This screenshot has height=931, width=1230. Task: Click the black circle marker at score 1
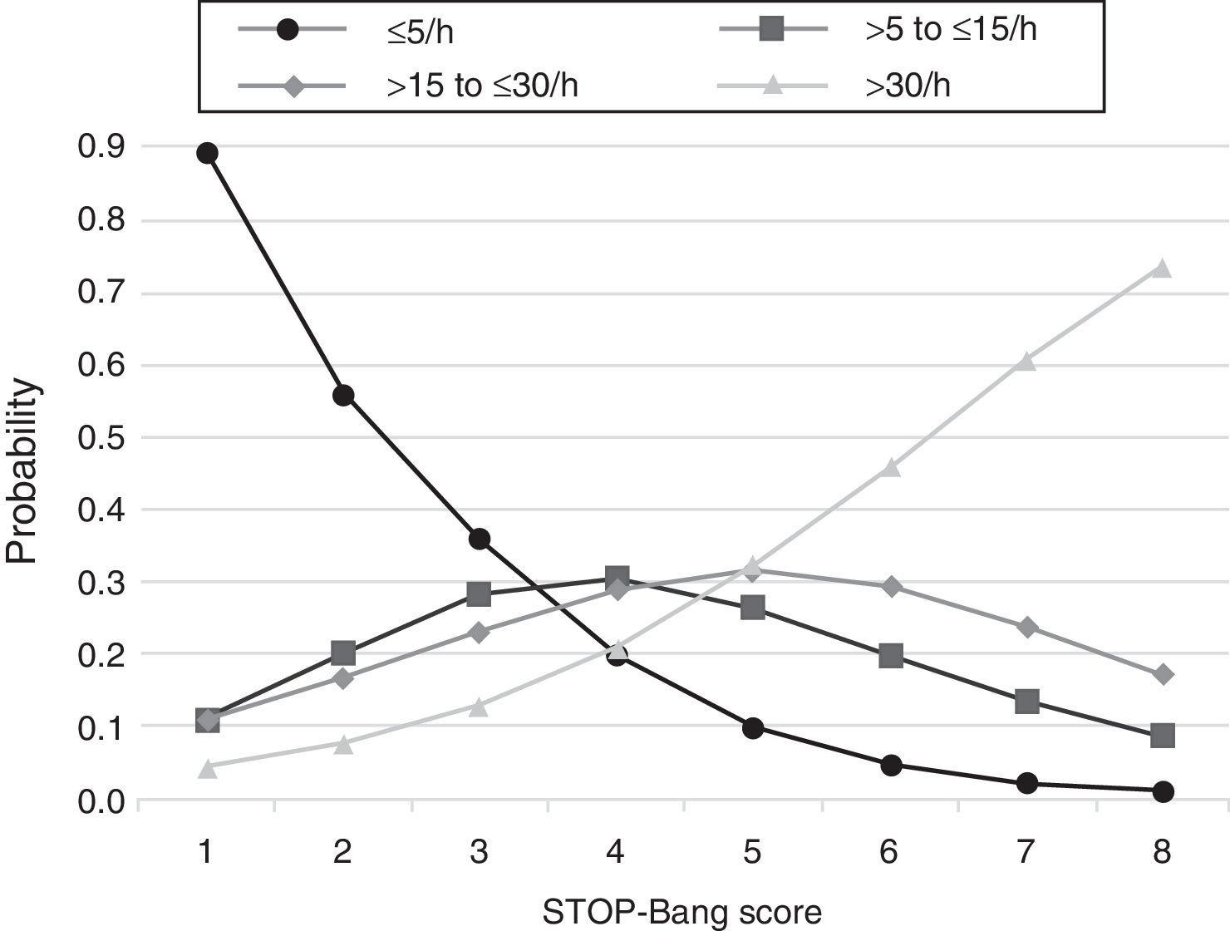tap(207, 153)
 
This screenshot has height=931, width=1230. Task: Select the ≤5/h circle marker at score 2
tap(343, 395)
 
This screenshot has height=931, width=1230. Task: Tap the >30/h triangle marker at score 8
tap(1162, 268)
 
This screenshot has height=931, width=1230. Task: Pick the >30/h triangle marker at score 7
tap(1026, 361)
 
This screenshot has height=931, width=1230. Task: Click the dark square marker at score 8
tap(1162, 735)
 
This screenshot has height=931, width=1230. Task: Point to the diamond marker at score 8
tap(1162, 674)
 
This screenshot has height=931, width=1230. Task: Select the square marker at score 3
tap(480, 594)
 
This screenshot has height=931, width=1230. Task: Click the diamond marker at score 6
tap(890, 587)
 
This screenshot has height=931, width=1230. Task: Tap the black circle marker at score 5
tap(753, 728)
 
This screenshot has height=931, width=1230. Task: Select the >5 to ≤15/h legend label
tap(951, 31)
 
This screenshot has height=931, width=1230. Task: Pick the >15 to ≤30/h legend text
tap(482, 86)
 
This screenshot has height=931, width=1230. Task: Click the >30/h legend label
tap(908, 86)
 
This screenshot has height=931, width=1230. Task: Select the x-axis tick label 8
tap(1162, 852)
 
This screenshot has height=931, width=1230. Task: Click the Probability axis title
tap(22, 471)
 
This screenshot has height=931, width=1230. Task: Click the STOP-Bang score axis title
tap(682, 912)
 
